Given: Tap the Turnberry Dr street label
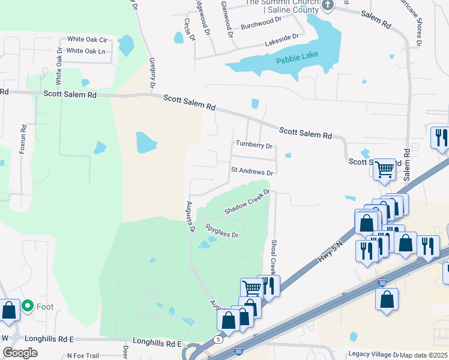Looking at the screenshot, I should point(254,145).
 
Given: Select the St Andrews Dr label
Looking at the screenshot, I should point(252,171).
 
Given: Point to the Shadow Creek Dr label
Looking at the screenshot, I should point(247,203).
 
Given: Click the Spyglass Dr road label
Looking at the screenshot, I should point(221,230).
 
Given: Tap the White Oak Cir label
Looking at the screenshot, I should point(86,40).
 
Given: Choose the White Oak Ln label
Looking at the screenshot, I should point(86,51).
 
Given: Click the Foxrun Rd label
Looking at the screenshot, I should point(23,139).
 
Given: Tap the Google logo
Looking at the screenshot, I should point(20,353).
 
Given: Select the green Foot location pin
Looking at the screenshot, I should point(28,307).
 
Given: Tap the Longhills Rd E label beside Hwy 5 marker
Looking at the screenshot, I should point(157,344).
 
